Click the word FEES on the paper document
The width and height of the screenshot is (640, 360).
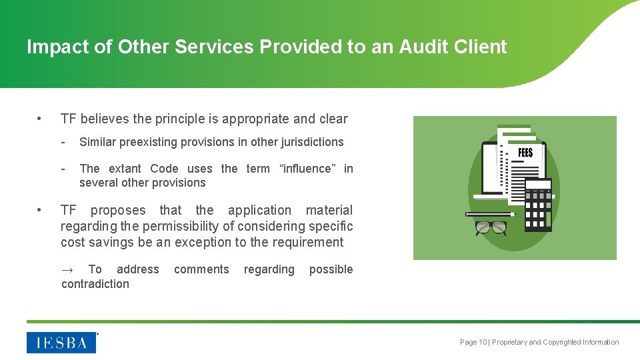click(525, 153)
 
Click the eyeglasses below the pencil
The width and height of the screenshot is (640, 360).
click(491, 228)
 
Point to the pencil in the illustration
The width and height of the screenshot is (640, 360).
click(490, 214)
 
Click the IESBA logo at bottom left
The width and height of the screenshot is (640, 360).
click(61, 342)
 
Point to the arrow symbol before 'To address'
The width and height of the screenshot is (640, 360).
click(67, 269)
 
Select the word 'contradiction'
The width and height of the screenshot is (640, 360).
click(95, 283)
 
